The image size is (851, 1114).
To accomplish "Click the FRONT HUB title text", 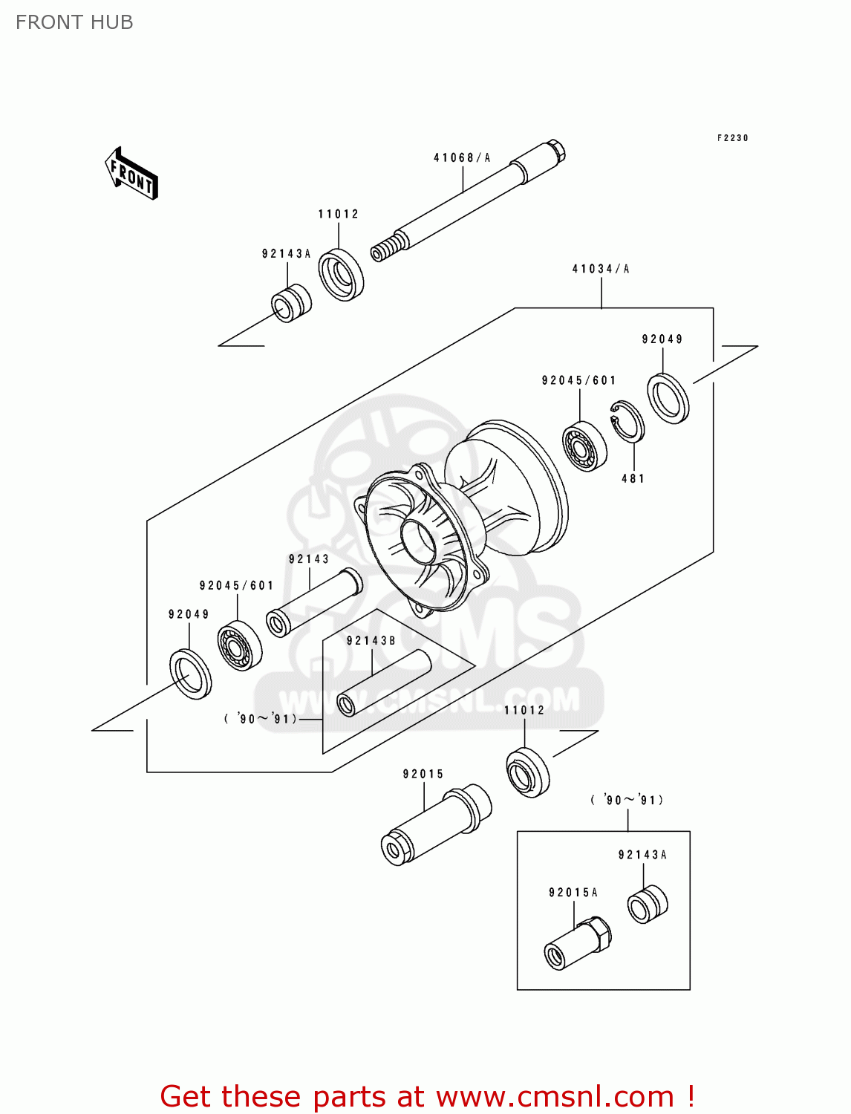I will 74,22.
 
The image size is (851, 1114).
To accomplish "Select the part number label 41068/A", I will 462,157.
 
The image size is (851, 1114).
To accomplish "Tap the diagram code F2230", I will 732,138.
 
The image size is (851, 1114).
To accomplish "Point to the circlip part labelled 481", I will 627,421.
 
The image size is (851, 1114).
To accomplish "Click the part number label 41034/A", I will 600,269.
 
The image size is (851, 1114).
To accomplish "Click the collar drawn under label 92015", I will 436,824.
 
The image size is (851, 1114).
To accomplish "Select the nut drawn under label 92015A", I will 578,943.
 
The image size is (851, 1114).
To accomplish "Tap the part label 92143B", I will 371,640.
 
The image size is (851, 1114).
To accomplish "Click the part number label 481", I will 633,478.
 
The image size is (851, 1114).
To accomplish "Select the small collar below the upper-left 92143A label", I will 290,303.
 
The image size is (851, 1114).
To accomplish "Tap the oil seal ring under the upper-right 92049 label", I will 668,399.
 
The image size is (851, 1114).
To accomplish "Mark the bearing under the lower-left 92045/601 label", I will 240,644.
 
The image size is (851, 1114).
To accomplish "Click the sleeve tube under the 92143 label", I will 313,603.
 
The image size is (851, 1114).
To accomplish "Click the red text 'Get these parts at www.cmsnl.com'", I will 427,1096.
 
